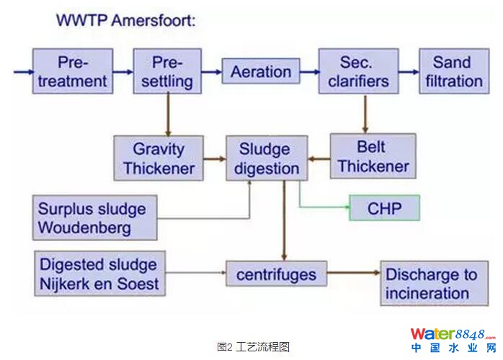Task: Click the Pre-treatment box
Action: [x=73, y=71]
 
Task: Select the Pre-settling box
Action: [x=166, y=71]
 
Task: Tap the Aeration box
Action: [x=261, y=72]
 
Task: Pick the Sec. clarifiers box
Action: [x=359, y=71]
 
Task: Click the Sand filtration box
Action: [x=453, y=71]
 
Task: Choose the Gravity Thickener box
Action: [x=159, y=158]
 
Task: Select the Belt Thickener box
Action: [x=373, y=157]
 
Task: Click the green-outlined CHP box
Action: [x=383, y=209]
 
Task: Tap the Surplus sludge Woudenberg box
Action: [x=94, y=218]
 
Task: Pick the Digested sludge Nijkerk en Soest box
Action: [x=99, y=273]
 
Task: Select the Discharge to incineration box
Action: [x=431, y=283]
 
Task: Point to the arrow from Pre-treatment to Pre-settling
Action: [x=123, y=71]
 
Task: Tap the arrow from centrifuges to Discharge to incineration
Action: [x=353, y=274]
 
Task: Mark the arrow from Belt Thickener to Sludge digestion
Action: [x=319, y=159]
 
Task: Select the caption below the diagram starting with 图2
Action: [x=252, y=346]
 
